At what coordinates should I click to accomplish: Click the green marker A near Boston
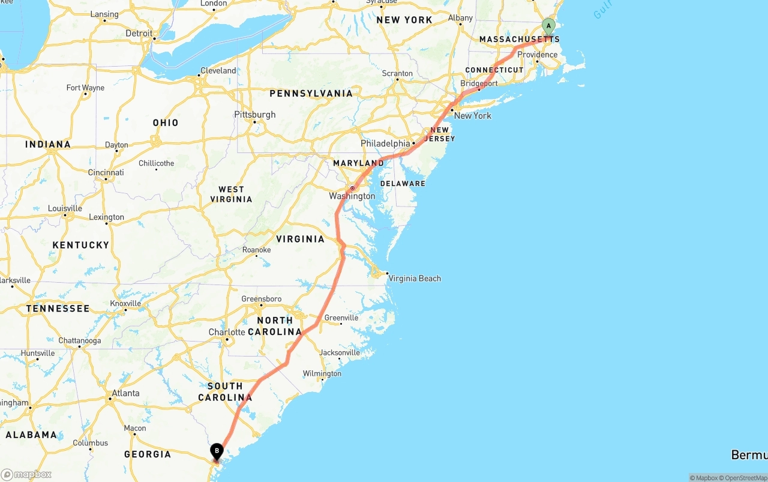(548, 26)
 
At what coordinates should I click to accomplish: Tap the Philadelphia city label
(385, 143)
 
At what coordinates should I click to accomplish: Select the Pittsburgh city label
(255, 115)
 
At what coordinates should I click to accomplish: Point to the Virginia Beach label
(415, 279)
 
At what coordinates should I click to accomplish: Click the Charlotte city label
(227, 332)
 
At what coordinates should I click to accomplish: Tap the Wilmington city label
(322, 373)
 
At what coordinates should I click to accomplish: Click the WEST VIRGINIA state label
(231, 194)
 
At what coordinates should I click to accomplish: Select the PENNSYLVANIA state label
(311, 94)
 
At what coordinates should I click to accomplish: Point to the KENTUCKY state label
(81, 245)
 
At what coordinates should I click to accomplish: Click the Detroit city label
(139, 34)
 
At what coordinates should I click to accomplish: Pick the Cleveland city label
(218, 71)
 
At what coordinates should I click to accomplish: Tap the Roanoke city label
(257, 250)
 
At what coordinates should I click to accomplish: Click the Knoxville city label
(125, 304)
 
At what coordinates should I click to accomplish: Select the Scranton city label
(397, 74)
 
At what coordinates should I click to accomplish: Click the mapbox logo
(26, 474)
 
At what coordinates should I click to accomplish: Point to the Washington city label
(352, 196)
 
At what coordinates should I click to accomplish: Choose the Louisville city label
(65, 209)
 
